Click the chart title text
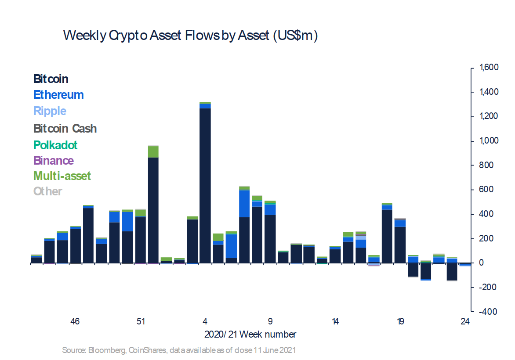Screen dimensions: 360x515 tap(190, 36)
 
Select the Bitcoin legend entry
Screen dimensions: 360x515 tap(51, 79)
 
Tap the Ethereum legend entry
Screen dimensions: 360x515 tap(58, 95)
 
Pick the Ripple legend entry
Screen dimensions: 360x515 tap(50, 111)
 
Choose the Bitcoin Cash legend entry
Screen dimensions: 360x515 tap(65, 129)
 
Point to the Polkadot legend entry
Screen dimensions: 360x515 tap(55, 145)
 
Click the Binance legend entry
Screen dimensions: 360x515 tap(54, 161)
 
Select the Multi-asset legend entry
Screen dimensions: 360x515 tap(62, 176)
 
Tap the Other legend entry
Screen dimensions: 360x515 tap(48, 191)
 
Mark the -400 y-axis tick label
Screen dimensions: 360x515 tap(487, 312)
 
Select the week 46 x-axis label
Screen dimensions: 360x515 tap(75, 322)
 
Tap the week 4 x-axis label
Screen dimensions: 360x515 tap(205, 322)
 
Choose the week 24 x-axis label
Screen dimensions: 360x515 tap(465, 322)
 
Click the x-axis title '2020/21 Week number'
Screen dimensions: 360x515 tap(250, 335)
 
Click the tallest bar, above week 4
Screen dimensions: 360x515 tap(205, 184)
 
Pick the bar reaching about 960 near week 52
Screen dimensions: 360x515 tap(153, 206)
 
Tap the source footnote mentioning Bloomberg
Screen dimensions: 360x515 tap(179, 350)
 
